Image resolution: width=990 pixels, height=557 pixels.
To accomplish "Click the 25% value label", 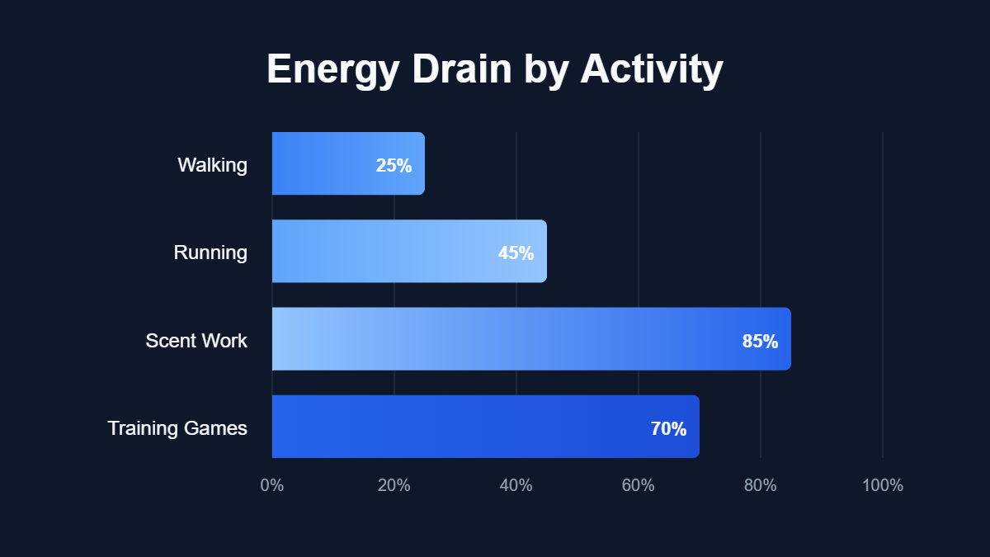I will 394,165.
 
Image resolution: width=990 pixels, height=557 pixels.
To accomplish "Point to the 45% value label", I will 516,253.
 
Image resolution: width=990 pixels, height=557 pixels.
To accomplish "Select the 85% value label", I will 760,340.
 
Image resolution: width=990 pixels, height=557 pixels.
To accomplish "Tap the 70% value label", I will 668,428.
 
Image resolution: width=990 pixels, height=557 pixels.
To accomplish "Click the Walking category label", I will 212,165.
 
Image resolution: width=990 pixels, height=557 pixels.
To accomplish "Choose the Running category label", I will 210,253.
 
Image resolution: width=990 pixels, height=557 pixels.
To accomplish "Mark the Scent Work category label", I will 196,340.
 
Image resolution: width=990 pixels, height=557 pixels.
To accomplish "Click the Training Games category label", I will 177,428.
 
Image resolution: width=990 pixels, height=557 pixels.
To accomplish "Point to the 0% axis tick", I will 272,485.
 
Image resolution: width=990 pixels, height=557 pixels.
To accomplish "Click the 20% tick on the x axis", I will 394,485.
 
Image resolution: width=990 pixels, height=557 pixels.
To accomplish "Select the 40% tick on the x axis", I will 516,485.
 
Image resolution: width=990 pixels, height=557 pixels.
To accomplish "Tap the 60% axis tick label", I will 639,485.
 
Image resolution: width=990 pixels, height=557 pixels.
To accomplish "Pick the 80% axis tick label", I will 761,485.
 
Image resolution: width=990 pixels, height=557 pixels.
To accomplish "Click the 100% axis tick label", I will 883,485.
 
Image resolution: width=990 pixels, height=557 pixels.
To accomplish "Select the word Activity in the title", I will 652,69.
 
